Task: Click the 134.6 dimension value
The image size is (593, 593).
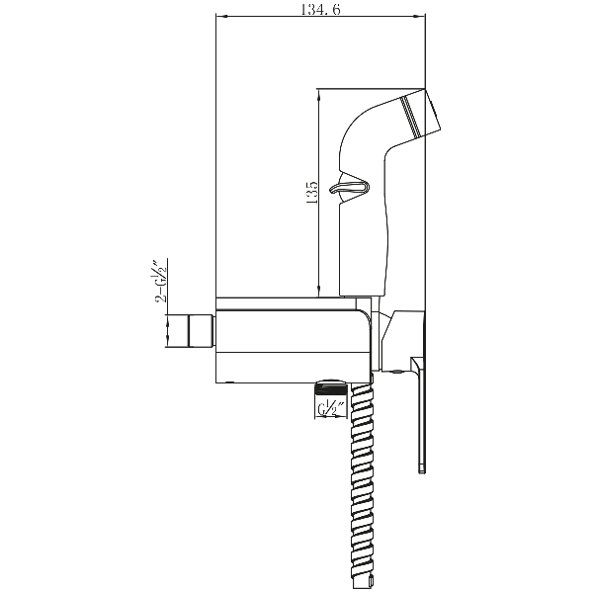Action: click(320, 9)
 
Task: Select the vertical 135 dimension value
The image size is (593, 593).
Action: click(312, 193)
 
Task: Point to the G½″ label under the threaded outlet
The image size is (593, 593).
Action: click(330, 409)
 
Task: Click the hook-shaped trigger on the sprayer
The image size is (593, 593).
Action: click(350, 187)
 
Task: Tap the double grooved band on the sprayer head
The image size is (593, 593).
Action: click(411, 117)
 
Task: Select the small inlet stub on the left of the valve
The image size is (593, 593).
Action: click(202, 331)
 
